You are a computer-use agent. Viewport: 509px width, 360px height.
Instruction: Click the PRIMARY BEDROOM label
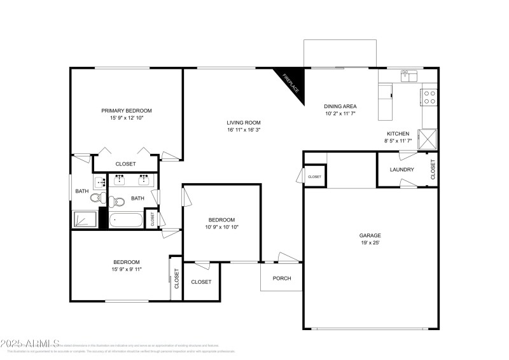click(127, 110)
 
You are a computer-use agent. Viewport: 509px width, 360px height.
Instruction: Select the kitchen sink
click(408, 76)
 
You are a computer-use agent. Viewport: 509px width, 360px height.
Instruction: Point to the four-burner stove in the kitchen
click(429, 97)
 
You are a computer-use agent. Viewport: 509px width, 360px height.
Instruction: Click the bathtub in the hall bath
click(126, 220)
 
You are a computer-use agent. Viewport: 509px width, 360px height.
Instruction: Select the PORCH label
click(282, 278)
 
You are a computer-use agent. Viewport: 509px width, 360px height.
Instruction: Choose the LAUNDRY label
click(402, 170)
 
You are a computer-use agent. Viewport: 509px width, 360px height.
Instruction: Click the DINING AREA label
click(340, 106)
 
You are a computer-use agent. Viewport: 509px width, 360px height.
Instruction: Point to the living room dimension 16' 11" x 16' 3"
click(244, 130)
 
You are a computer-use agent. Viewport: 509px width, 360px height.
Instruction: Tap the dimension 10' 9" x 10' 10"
click(222, 227)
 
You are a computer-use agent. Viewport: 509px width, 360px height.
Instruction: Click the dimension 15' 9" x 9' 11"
click(127, 269)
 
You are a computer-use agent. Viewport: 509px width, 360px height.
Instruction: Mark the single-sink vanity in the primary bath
click(101, 183)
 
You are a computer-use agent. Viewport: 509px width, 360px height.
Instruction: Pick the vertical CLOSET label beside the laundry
click(433, 169)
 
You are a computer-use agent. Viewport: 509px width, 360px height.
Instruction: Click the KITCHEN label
click(398, 133)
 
